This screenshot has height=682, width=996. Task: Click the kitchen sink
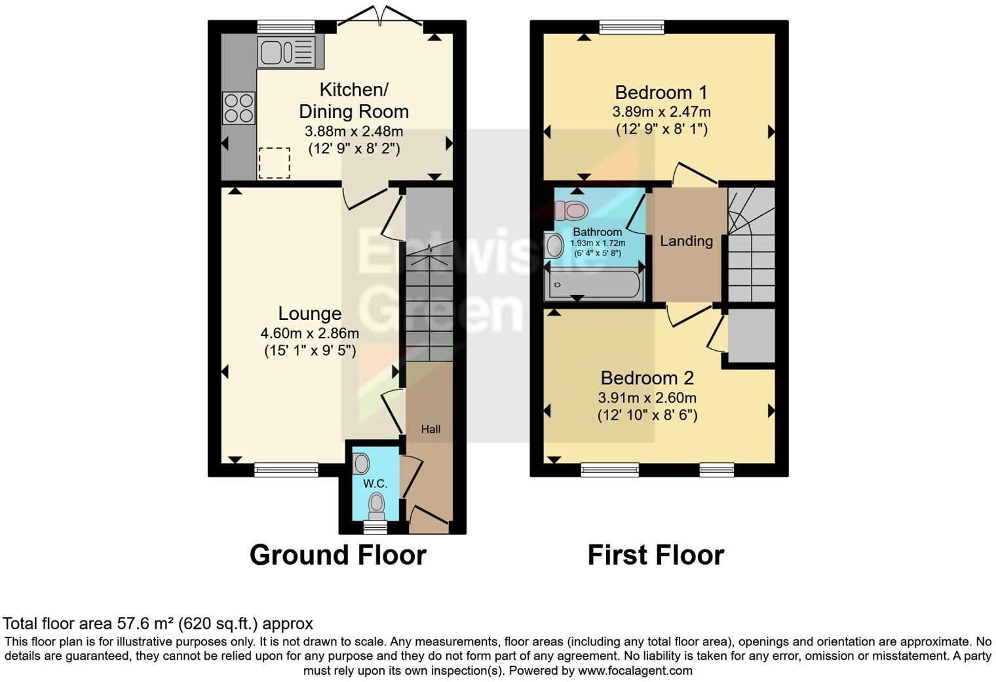[x=286, y=52]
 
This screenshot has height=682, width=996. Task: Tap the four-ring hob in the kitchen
[x=239, y=108]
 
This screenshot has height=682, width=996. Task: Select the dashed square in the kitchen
[x=274, y=163]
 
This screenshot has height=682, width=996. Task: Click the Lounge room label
[x=309, y=313]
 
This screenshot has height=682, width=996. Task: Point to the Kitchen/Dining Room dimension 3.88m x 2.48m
[x=353, y=131]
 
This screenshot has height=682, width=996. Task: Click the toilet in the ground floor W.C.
[x=376, y=506]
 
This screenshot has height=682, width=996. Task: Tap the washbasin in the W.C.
[x=361, y=464]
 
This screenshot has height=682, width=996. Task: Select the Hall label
[x=431, y=430]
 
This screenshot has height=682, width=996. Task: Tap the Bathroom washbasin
[x=554, y=247]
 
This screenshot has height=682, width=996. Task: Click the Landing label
[x=686, y=241]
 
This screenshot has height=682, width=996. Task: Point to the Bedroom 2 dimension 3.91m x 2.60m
[x=647, y=398]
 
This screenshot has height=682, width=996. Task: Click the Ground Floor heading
[x=337, y=555]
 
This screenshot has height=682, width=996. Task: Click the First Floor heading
[x=655, y=555]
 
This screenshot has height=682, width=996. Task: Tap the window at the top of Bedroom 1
[x=632, y=27]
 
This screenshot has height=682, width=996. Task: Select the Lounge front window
[x=286, y=469]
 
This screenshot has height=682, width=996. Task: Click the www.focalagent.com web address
[x=635, y=670]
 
